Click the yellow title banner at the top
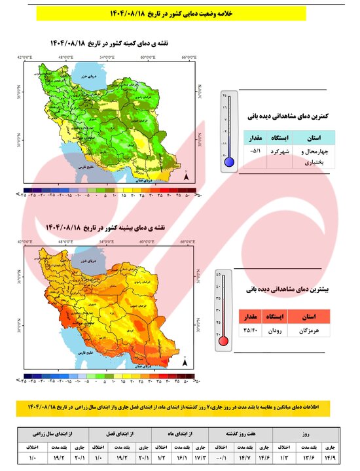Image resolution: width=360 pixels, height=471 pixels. coord(179,13)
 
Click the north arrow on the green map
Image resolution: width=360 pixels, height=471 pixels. coord(187,175)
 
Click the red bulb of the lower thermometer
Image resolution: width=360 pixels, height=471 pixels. coord(223,340)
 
